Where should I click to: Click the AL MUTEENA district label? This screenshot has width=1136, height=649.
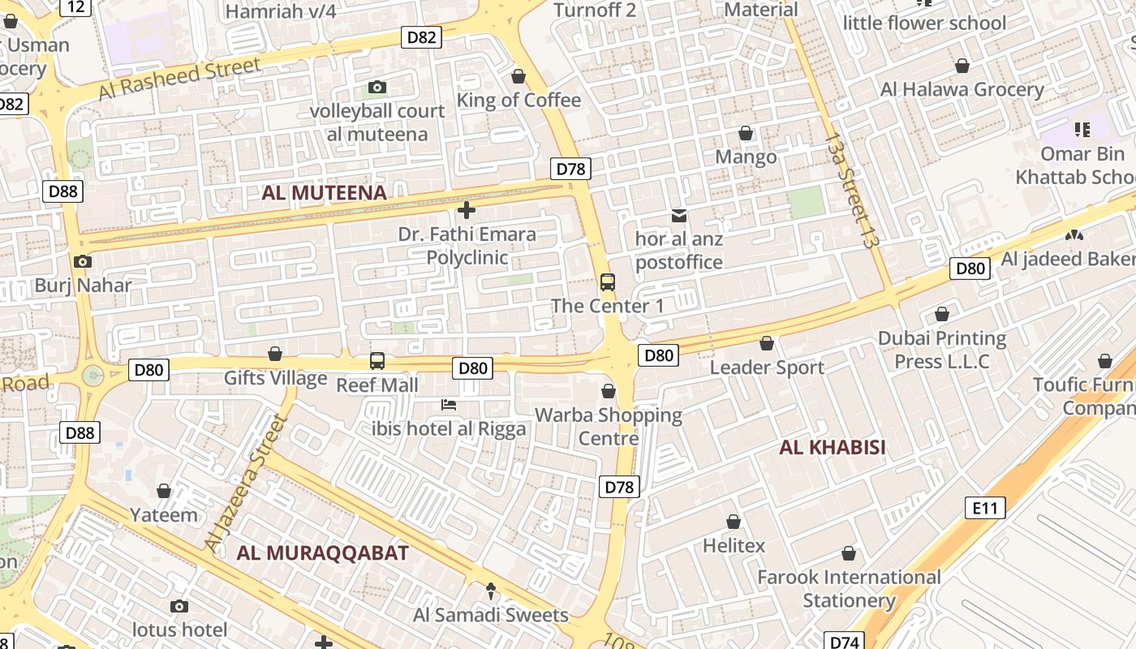(324, 193)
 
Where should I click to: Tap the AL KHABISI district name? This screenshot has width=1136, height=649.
(832, 448)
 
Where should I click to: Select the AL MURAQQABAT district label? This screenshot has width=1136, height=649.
(322, 553)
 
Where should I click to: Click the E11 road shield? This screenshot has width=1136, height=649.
(984, 509)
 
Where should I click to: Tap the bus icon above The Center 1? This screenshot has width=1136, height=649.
(608, 282)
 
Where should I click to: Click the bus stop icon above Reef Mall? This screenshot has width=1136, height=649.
(377, 361)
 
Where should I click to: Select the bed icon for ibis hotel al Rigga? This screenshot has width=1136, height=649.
(449, 404)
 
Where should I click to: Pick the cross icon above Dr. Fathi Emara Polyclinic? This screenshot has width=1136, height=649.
(467, 211)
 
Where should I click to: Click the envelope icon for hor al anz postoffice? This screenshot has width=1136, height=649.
(679, 216)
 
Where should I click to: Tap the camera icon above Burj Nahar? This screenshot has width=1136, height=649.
(82, 261)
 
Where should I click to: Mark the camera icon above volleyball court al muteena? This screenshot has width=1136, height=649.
(377, 87)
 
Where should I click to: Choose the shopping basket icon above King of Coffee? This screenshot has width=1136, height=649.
(519, 76)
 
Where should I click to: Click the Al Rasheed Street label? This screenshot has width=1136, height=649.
(179, 79)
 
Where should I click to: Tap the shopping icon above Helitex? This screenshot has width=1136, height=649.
(734, 522)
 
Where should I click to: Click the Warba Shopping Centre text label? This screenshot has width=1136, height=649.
(609, 427)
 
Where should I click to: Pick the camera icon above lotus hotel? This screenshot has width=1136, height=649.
(179, 606)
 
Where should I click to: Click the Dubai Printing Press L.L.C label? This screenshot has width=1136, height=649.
(942, 350)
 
